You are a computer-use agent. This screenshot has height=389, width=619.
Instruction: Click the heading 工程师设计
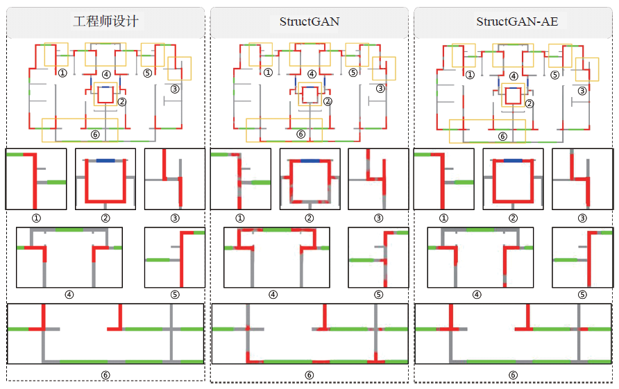(105, 21)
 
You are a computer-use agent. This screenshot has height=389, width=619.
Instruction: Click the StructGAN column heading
(309, 21)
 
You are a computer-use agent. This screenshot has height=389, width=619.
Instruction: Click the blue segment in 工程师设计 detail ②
(105, 160)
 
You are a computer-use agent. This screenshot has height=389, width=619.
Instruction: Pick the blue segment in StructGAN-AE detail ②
(514, 160)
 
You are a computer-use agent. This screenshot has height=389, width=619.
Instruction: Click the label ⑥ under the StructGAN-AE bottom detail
(514, 375)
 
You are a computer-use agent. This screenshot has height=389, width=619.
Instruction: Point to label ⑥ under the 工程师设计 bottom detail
(105, 375)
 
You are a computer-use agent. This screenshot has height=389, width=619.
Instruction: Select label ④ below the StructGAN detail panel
(273, 294)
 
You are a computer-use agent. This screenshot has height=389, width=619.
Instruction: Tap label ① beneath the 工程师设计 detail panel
(36, 217)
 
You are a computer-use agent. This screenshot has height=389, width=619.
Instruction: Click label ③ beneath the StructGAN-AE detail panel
(582, 217)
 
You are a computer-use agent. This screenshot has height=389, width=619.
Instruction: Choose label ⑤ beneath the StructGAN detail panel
(378, 294)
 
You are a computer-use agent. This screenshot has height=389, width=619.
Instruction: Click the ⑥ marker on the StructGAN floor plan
(300, 135)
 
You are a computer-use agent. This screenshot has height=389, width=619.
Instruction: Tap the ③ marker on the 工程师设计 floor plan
(175, 89)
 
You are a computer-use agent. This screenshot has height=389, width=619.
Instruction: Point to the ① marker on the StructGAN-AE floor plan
(470, 75)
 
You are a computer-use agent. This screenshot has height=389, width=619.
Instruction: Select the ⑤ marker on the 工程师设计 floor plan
(147, 73)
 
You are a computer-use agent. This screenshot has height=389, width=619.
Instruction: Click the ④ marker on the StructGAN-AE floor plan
(514, 76)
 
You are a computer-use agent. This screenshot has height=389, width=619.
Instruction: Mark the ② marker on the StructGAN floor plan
(328, 101)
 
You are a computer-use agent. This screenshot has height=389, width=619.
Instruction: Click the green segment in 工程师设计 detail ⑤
(158, 259)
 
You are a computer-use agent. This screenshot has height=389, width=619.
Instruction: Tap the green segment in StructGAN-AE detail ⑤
(565, 259)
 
